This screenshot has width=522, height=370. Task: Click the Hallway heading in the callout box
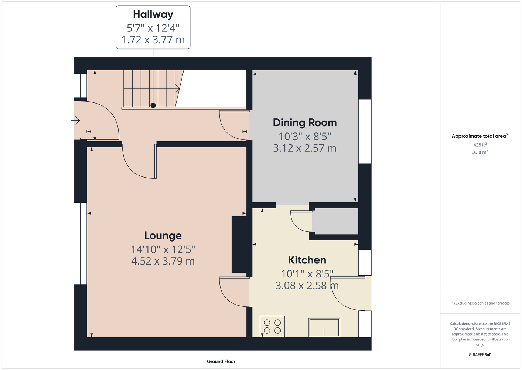pyautogui.click(x=153, y=14)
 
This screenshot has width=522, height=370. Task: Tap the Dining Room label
pyautogui.click(x=305, y=122)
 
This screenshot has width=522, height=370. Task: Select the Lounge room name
pyautogui.click(x=163, y=235)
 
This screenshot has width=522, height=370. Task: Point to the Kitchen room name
pyautogui.click(x=307, y=260)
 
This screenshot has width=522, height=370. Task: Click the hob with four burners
pyautogui.click(x=272, y=326)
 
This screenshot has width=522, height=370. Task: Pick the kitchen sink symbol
pyautogui.click(x=324, y=327)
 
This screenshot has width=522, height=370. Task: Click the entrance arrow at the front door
pyautogui.click(x=75, y=121)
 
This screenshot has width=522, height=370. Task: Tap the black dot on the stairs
pyautogui.click(x=153, y=105)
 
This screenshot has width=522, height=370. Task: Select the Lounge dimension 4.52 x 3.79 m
pyautogui.click(x=163, y=261)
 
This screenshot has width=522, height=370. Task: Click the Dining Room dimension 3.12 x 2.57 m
pyautogui.click(x=305, y=148)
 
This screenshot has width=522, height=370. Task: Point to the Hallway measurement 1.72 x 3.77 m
pyautogui.click(x=153, y=40)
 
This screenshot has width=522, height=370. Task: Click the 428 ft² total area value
pyautogui.click(x=480, y=145)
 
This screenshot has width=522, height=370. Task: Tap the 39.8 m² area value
pyautogui.click(x=480, y=152)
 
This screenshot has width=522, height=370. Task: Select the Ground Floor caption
pyautogui.click(x=221, y=361)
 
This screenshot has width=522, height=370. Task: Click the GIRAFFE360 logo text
pyautogui.click(x=480, y=354)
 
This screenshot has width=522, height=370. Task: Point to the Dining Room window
pyautogui.click(x=365, y=131)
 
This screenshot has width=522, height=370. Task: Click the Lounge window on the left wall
pyautogui.click(x=81, y=243)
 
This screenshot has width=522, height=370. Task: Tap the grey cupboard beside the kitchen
pyautogui.click(x=335, y=221)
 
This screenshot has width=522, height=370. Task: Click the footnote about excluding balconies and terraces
pyautogui.click(x=480, y=303)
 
